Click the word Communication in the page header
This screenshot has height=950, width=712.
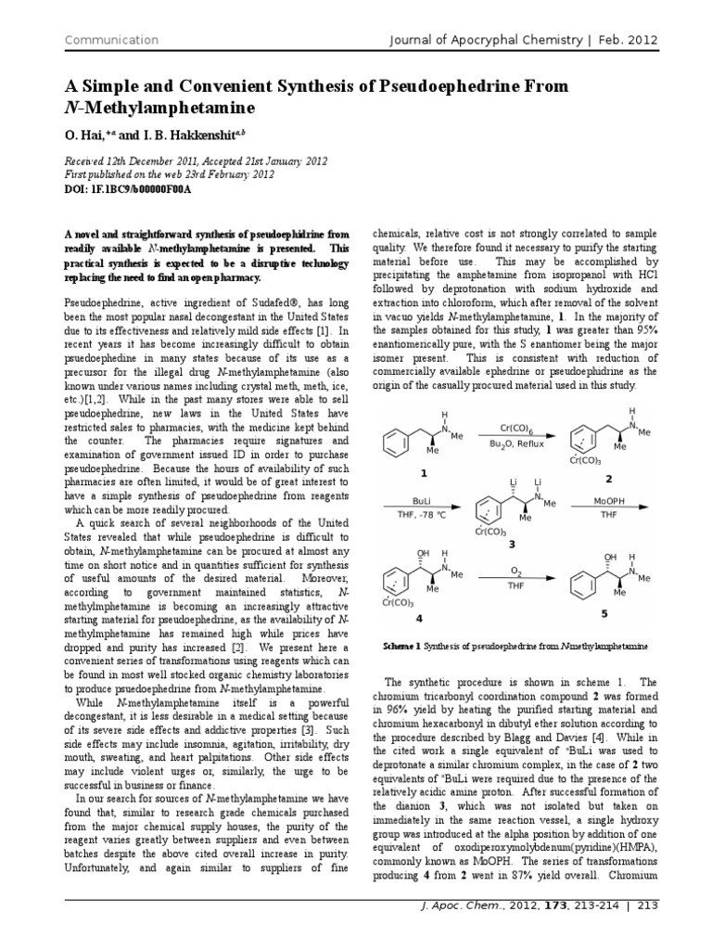110,40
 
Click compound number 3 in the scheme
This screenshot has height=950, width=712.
511,544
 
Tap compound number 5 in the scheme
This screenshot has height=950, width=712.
604,613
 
